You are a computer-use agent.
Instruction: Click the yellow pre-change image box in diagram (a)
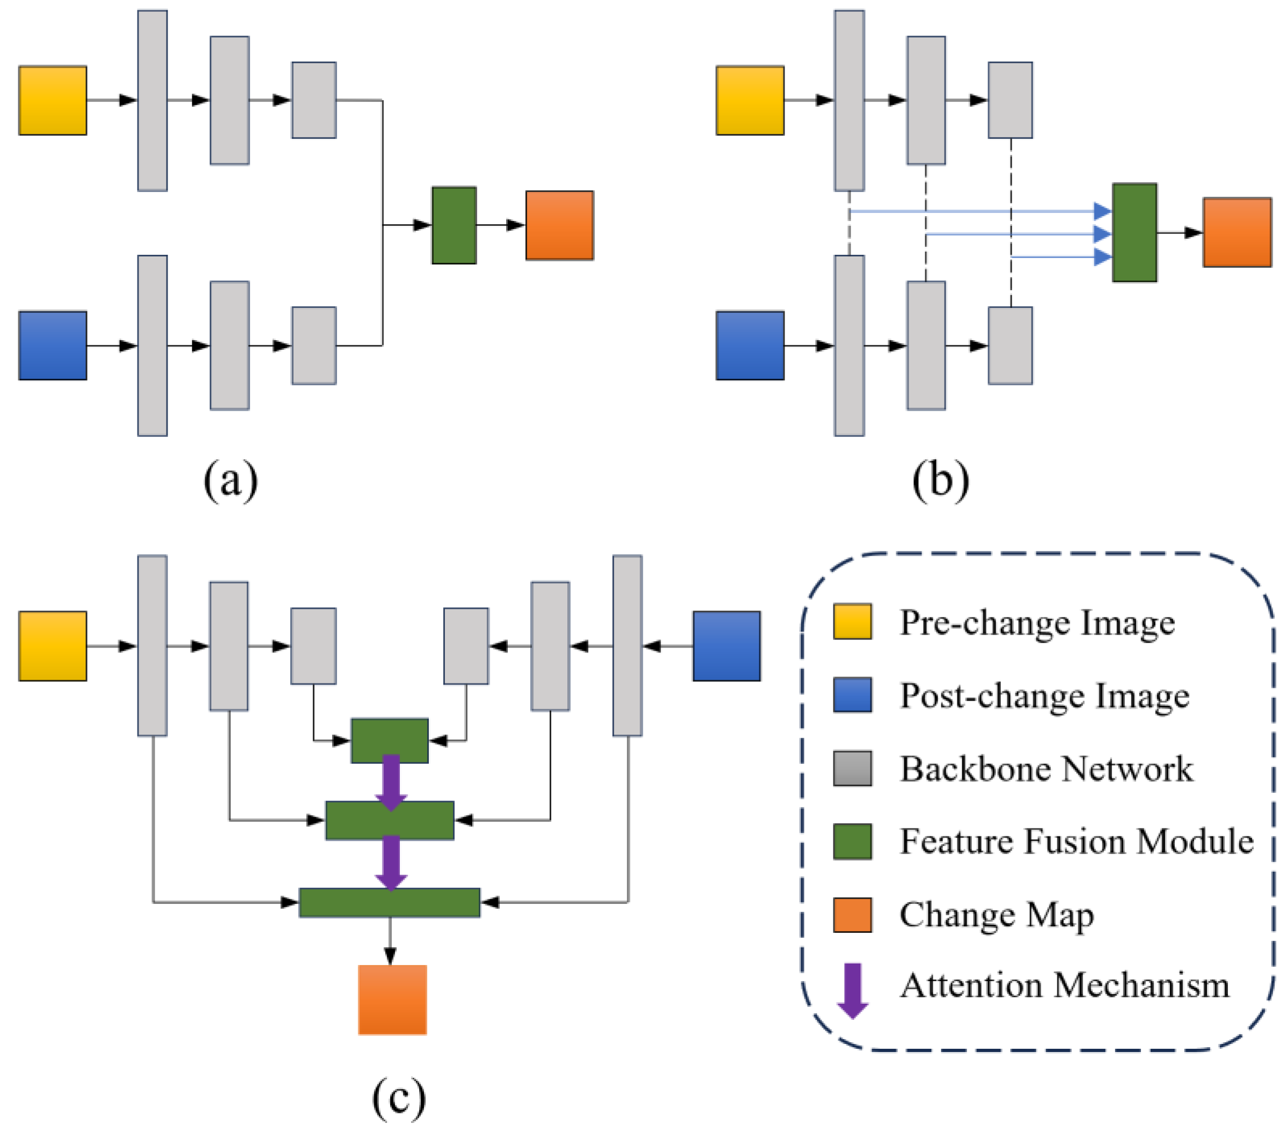pyautogui.click(x=53, y=101)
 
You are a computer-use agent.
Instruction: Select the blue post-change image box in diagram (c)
pyautogui.click(x=727, y=646)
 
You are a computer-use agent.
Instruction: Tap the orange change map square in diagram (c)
pyautogui.click(x=392, y=999)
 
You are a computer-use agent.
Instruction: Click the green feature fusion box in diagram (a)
pyautogui.click(x=454, y=225)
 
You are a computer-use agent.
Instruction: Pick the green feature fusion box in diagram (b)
pyautogui.click(x=1135, y=233)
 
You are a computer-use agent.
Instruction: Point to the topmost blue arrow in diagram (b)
pyautogui.click(x=982, y=211)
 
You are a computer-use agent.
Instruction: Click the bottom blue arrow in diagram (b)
pyautogui.click(x=1064, y=257)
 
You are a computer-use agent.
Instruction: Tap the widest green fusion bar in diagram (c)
pyautogui.click(x=390, y=903)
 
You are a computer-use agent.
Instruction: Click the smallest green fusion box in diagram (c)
pyautogui.click(x=390, y=741)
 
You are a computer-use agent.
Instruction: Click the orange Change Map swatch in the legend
pyautogui.click(x=852, y=915)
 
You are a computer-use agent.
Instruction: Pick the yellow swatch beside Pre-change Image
pyautogui.click(x=852, y=622)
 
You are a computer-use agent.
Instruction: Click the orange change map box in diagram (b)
pyautogui.click(x=1237, y=233)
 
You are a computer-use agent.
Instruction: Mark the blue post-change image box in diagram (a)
pyautogui.click(x=53, y=345)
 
